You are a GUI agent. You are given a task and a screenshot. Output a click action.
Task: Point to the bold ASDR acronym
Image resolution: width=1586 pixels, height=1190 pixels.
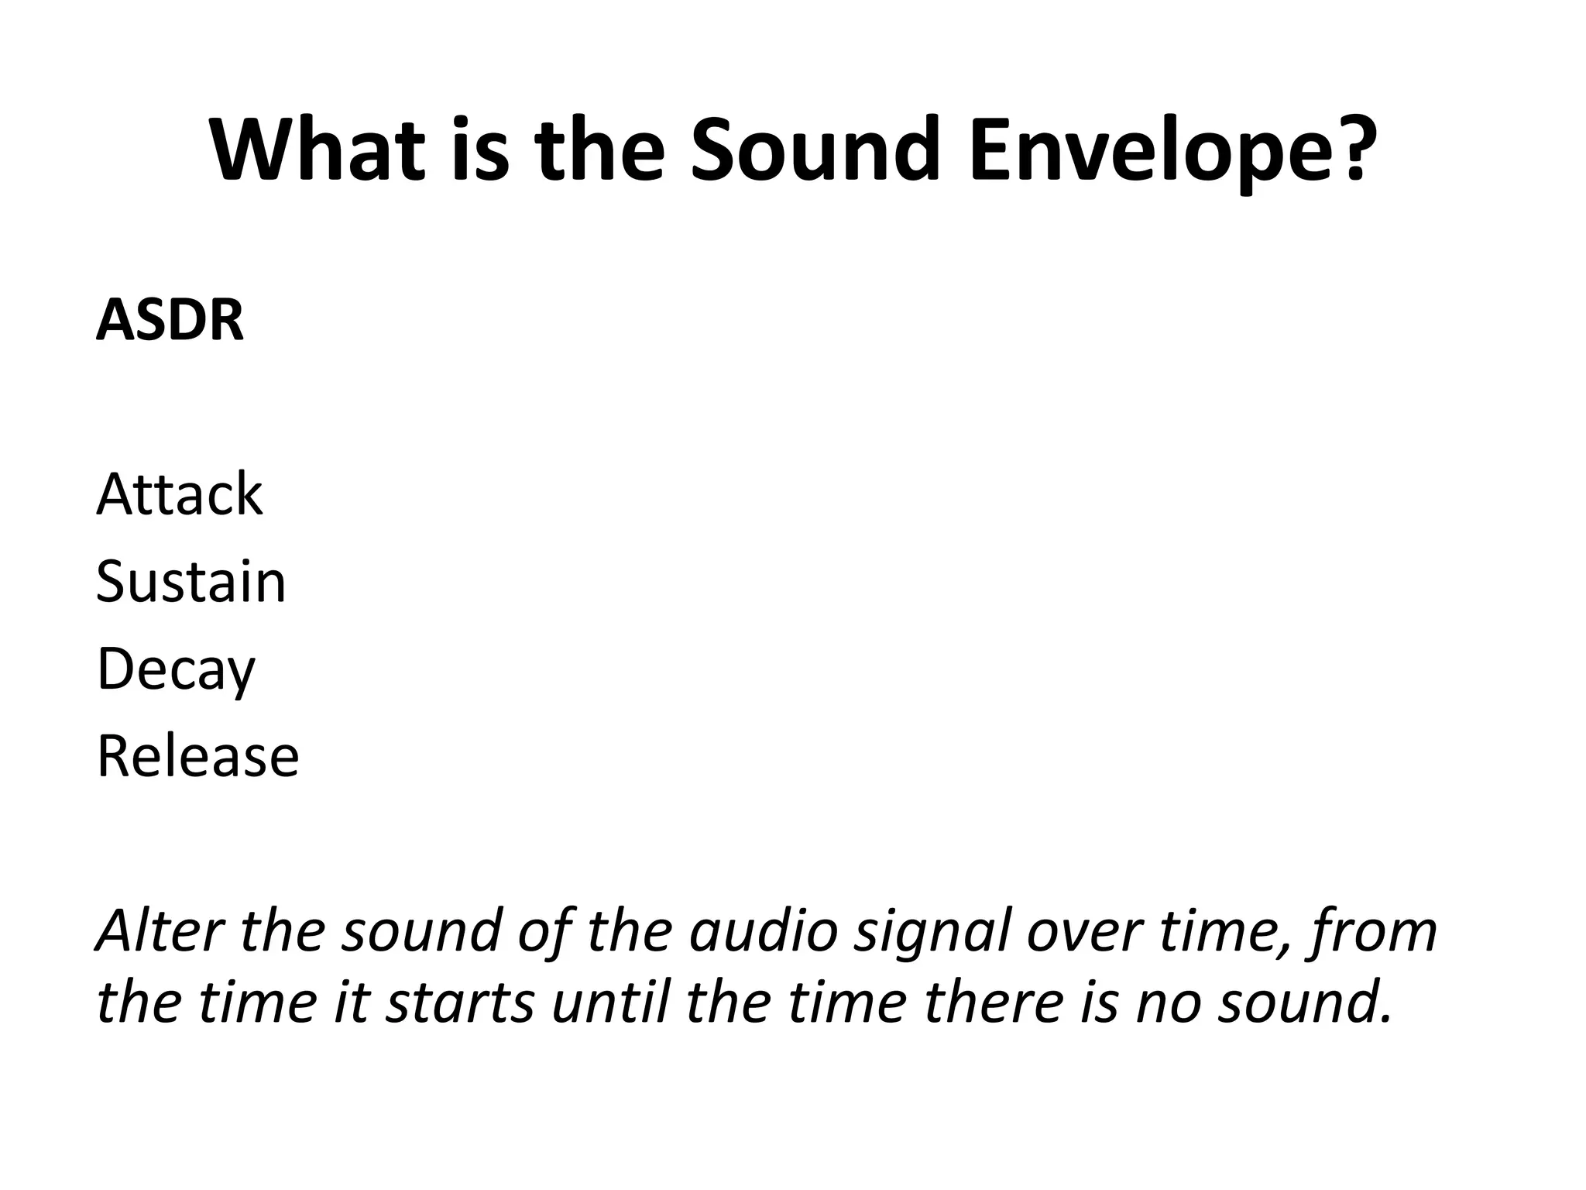pos(170,321)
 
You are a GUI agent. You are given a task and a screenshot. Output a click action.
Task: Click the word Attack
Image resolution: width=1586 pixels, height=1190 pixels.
pos(179,494)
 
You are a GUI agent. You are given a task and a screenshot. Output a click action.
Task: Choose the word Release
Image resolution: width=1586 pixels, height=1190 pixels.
pos(197,756)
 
